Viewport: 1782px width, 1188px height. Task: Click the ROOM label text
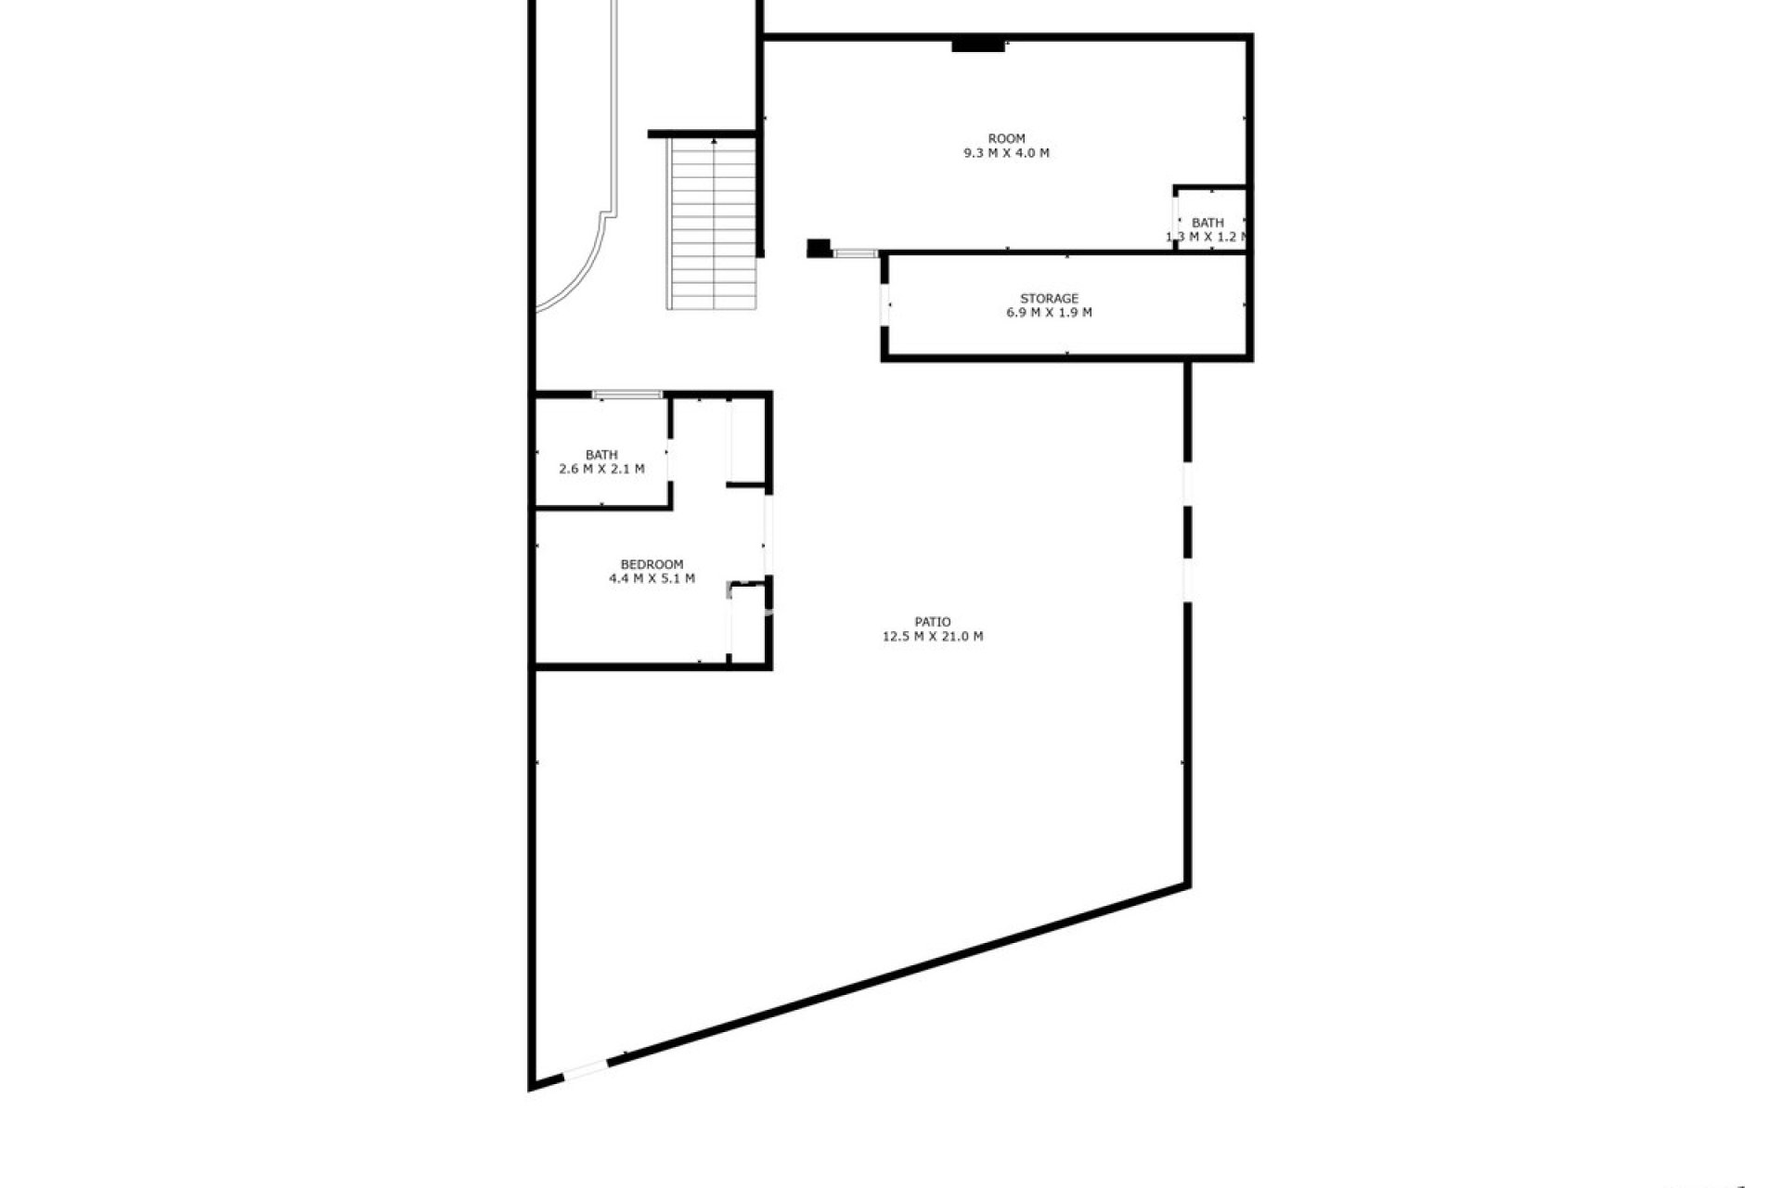[x=1006, y=139]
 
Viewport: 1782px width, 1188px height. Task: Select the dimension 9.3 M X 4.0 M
[x=1006, y=153]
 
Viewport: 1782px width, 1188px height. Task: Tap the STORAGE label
[x=1049, y=299]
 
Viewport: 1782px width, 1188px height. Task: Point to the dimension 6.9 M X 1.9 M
[x=1049, y=313]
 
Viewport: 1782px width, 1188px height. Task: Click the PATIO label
[x=932, y=623]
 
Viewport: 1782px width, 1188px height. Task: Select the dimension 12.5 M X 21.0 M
[x=932, y=637]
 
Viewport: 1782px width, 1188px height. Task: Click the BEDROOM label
[x=652, y=564]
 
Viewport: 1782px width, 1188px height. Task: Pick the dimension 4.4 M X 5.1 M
[x=652, y=578]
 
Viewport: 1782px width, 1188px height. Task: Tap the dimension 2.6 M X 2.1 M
[x=601, y=470]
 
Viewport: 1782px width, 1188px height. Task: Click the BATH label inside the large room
[x=1207, y=223]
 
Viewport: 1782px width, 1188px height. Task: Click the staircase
[x=713, y=223]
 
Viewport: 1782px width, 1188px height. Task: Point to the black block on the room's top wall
[x=978, y=45]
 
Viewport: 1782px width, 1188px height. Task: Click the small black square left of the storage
[x=818, y=248]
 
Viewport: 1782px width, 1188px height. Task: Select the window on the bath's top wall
[x=627, y=395]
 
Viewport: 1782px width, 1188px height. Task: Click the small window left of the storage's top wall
[x=855, y=252]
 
